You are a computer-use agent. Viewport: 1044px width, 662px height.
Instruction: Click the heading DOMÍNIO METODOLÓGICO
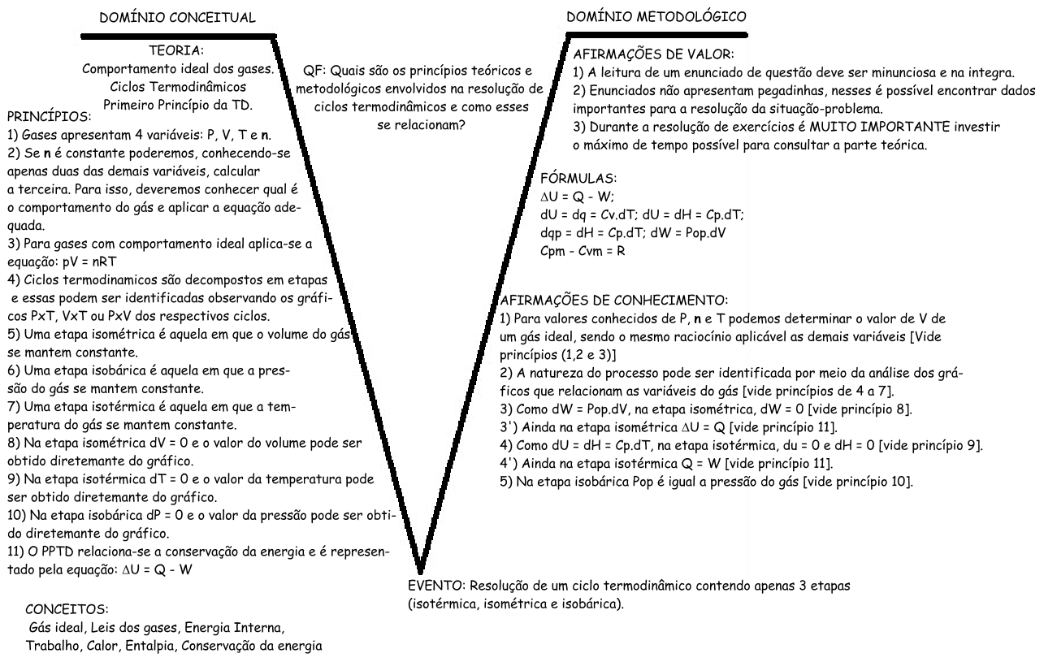[x=656, y=16]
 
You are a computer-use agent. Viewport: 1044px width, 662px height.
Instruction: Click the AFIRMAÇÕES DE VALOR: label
[x=652, y=55]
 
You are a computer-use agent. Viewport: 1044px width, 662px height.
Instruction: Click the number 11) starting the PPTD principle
[x=15, y=552]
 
